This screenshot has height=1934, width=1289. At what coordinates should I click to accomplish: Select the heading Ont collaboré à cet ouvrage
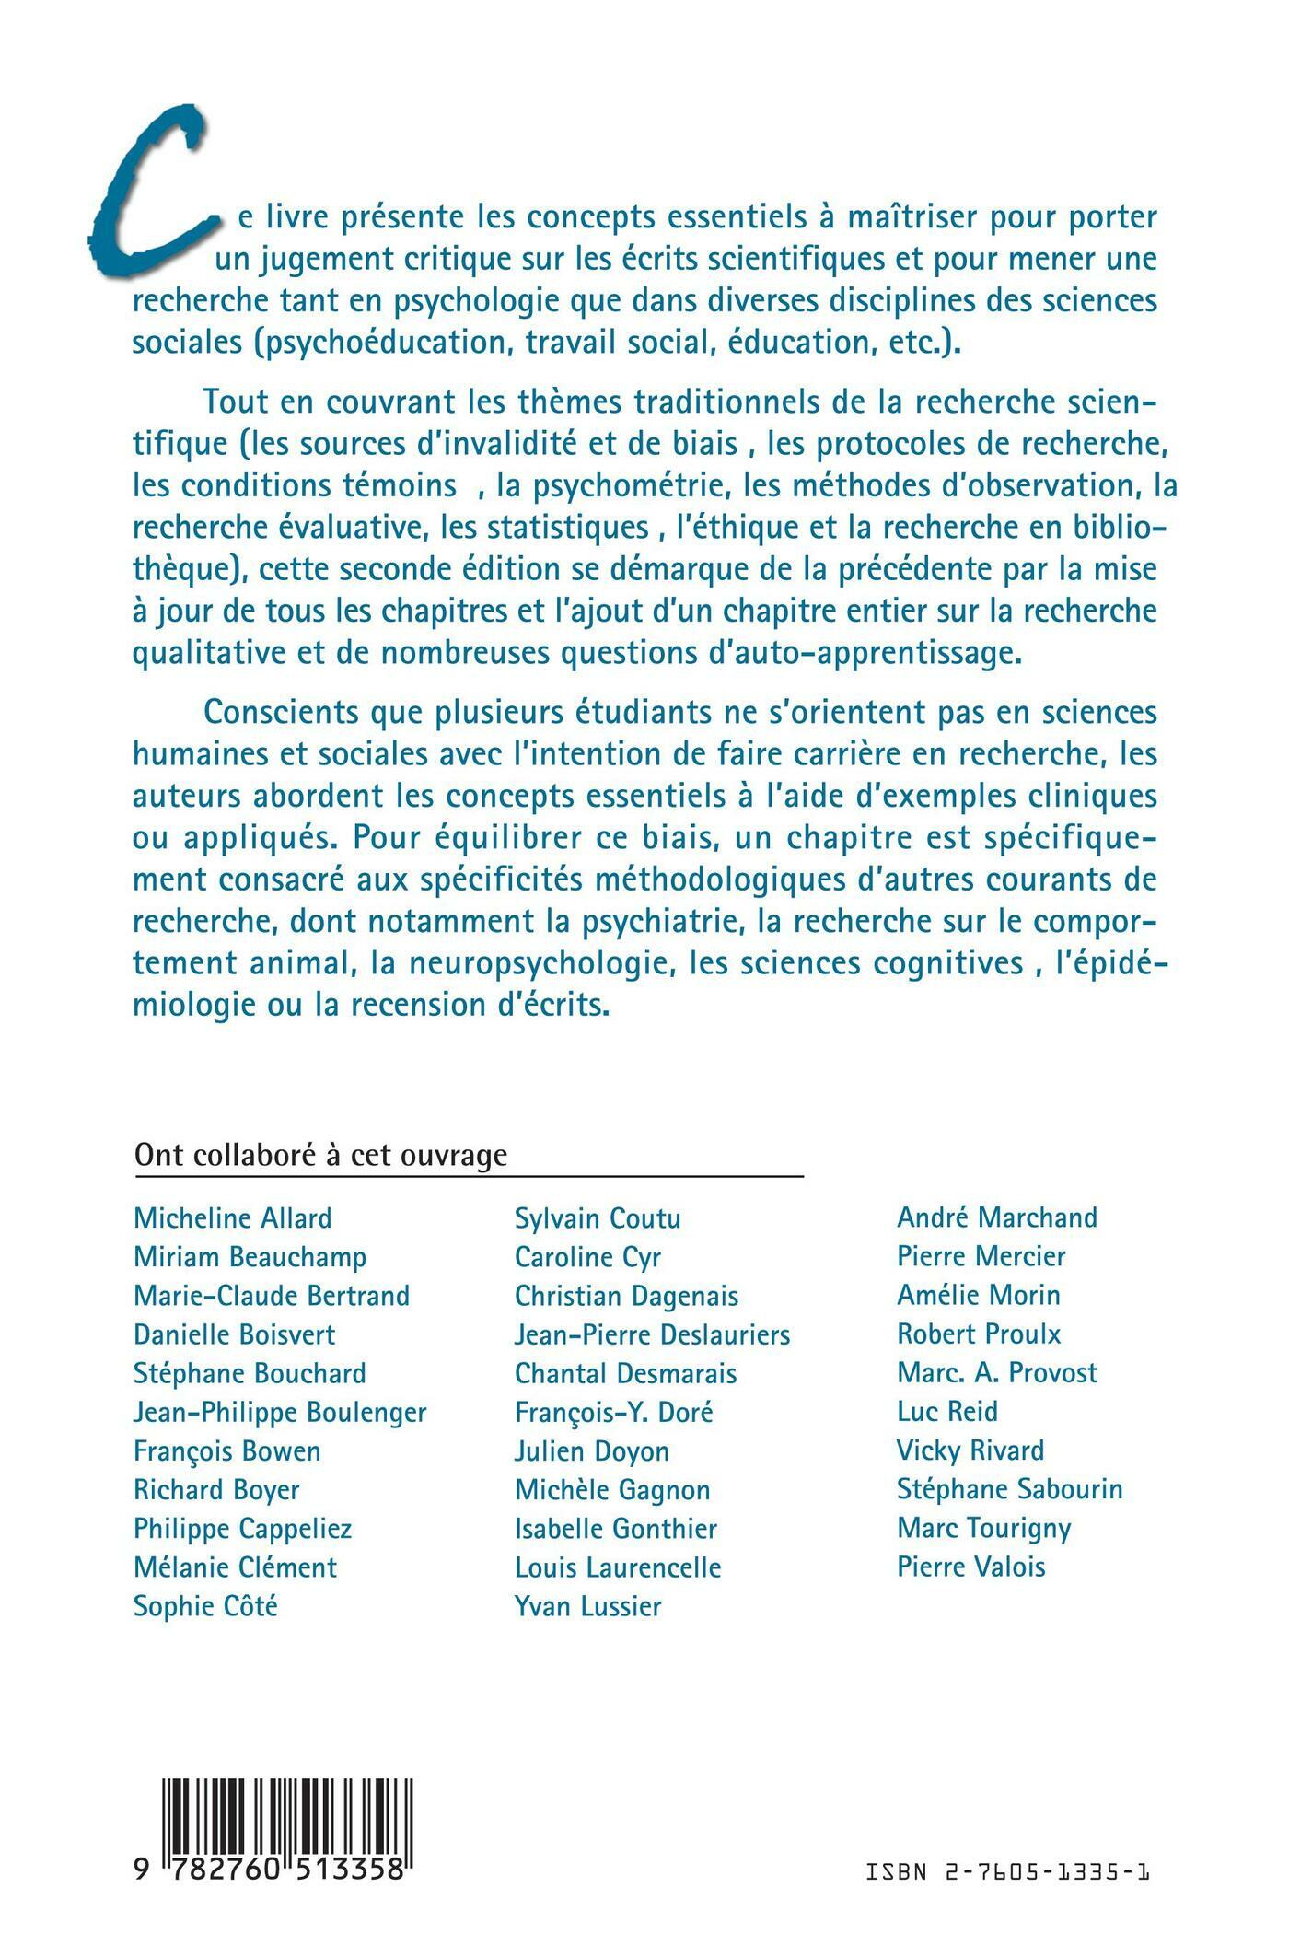click(x=320, y=1155)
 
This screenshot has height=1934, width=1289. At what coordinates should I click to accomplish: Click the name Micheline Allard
click(x=233, y=1218)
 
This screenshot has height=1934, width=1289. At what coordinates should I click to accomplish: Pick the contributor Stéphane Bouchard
click(x=250, y=1373)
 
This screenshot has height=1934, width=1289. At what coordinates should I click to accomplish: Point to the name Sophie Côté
click(x=205, y=1606)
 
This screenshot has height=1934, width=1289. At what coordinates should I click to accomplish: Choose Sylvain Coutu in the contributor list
click(x=598, y=1218)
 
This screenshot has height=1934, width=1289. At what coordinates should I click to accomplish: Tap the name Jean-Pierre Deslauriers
click(x=652, y=1334)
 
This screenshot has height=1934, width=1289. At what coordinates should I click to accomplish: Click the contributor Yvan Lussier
click(x=587, y=1606)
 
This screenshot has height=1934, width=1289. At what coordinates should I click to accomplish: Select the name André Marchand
click(x=997, y=1217)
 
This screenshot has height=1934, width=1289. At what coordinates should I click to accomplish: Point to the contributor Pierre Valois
click(x=971, y=1567)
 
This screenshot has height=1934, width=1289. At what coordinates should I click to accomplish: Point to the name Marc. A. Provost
click(x=997, y=1372)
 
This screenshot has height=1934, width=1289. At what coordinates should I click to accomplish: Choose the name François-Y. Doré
click(x=614, y=1412)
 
